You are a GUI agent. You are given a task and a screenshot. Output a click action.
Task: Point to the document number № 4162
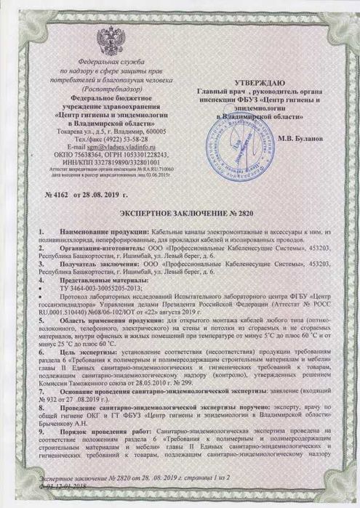click(x=58, y=196)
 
